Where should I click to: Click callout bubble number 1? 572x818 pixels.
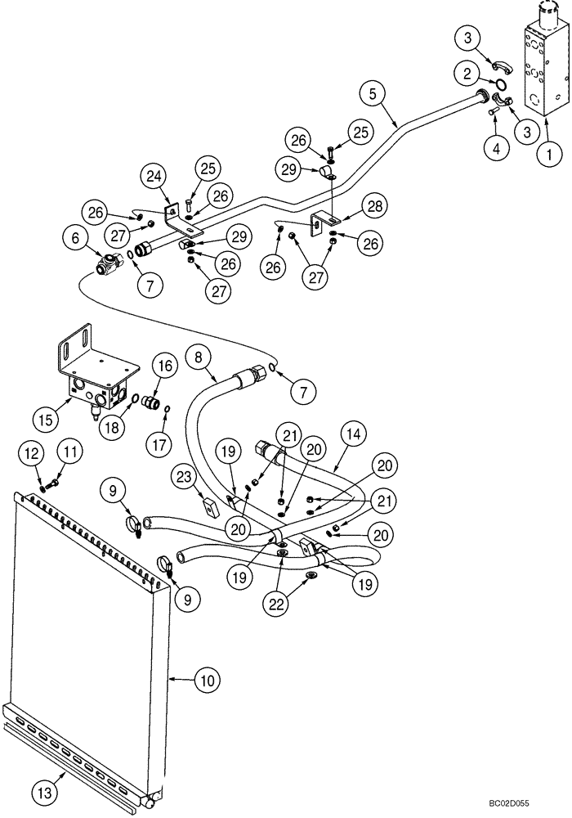550,152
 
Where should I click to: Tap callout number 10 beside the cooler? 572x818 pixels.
207,679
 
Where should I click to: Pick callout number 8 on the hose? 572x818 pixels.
198,357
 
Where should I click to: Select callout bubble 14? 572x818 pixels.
352,438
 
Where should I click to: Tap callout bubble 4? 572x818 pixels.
494,150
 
